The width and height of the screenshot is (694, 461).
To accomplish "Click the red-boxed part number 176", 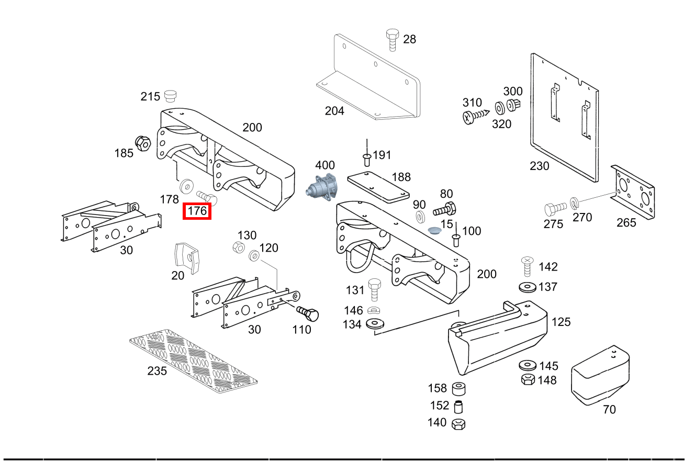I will [x=197, y=211].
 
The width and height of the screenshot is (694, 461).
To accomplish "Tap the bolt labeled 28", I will [x=392, y=40].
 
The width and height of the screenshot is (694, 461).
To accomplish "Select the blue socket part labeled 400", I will [x=321, y=184].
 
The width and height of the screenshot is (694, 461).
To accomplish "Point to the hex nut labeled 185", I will [x=142, y=142].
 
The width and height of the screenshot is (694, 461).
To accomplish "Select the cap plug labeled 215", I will [x=170, y=96].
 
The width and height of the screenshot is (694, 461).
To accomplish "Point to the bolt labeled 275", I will [x=555, y=209].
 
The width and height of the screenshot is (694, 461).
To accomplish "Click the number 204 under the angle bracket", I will [x=334, y=111].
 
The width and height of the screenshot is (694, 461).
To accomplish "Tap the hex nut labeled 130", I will [x=238, y=247].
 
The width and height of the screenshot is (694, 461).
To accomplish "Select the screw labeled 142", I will [x=527, y=267].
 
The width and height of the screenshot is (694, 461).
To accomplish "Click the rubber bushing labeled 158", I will [x=458, y=389].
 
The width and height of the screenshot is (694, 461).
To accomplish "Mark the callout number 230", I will [x=539, y=166].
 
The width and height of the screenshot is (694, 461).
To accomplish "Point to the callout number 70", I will [x=609, y=409].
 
